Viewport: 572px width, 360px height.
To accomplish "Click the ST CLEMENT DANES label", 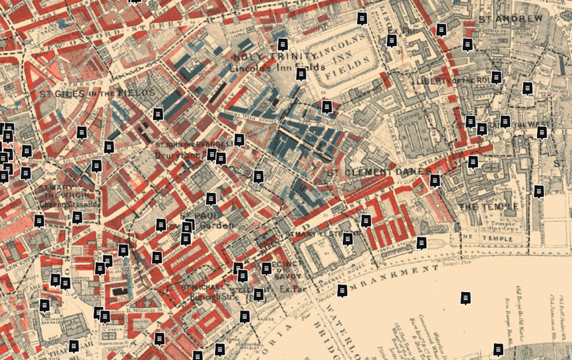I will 378,172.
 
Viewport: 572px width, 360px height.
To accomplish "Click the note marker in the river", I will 466,299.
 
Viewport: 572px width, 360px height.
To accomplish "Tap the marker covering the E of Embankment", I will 342,290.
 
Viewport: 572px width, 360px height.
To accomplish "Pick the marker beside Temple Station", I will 421,243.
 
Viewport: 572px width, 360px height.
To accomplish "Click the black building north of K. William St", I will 119,290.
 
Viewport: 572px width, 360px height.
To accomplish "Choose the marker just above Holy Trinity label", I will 283,44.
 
